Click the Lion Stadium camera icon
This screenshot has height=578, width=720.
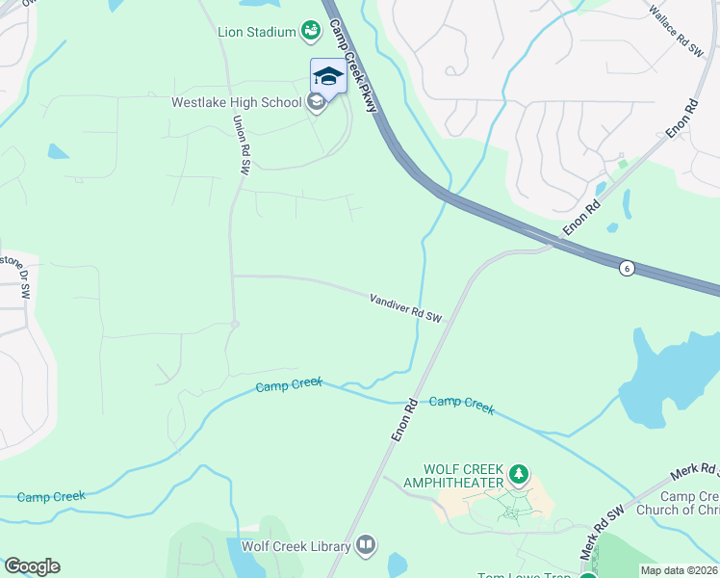click(x=310, y=32)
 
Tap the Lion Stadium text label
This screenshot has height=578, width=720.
click(x=255, y=32)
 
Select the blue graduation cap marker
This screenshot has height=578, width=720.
click(x=328, y=76)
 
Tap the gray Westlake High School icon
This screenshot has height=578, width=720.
click(x=316, y=103)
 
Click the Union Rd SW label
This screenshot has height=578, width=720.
click(x=241, y=144)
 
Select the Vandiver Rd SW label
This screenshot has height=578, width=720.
click(x=405, y=308)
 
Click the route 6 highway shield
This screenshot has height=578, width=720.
click(x=627, y=269)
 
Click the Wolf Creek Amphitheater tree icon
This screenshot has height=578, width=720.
click(x=519, y=473)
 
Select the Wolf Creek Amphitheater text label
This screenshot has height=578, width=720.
click(x=453, y=475)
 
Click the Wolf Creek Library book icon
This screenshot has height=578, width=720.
click(x=365, y=546)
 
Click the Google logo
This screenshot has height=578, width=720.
click(x=32, y=566)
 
